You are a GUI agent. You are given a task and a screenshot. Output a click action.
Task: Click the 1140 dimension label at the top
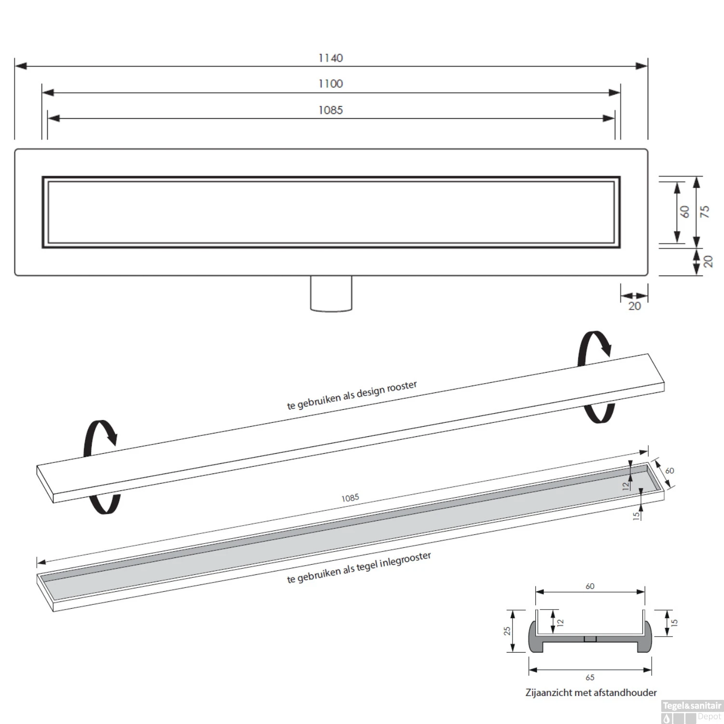click(331, 58)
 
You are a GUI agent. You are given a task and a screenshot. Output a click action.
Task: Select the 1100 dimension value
click(331, 84)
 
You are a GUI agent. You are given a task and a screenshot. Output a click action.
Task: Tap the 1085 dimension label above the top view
click(331, 110)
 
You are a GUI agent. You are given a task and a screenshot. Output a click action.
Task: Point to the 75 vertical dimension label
click(705, 211)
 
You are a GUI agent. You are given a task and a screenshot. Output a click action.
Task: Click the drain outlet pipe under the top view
click(331, 293)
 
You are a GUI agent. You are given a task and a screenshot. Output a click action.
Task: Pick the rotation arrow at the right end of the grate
click(597, 377)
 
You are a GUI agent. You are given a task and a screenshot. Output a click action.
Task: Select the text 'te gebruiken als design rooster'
click(352, 396)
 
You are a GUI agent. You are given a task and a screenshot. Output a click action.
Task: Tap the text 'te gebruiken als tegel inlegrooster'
click(359, 568)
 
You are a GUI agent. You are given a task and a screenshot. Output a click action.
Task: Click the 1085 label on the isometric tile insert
click(350, 498)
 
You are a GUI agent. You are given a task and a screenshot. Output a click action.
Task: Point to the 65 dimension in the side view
click(590, 678)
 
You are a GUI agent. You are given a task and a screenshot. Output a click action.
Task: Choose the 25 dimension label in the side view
click(507, 631)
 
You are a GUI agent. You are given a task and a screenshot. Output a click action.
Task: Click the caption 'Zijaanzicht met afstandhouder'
click(591, 693)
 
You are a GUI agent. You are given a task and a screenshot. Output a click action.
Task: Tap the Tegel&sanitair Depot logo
click(692, 711)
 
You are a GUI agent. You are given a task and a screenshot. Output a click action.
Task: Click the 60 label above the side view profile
click(590, 586)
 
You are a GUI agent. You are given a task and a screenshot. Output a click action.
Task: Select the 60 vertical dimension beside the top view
click(685, 211)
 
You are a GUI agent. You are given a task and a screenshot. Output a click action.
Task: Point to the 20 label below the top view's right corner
click(635, 306)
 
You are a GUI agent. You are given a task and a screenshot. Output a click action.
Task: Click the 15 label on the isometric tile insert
click(637, 516)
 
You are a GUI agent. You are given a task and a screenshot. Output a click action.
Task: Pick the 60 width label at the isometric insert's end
click(669, 471)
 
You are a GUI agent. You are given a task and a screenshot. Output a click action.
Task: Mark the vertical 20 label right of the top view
click(708, 261)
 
